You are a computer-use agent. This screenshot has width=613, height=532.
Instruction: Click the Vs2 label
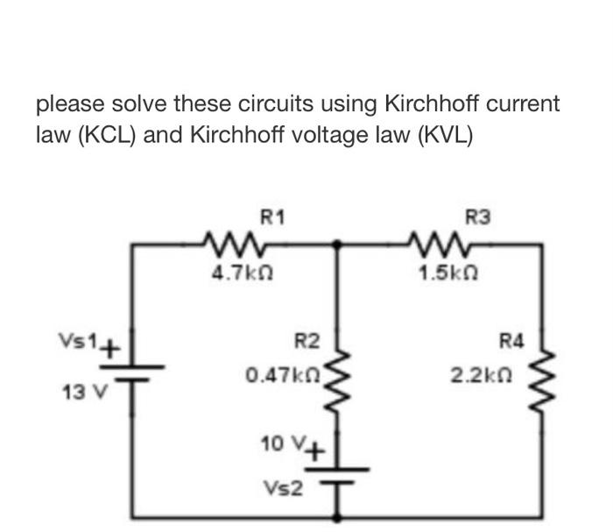286,485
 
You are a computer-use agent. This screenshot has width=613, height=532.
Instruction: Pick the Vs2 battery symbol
338,474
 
